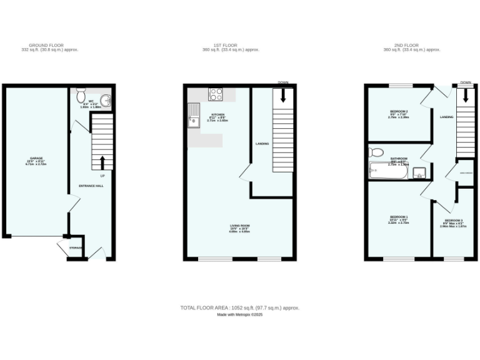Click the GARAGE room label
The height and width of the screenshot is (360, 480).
pos(36,158)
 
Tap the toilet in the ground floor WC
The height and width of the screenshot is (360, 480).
pos(81,96)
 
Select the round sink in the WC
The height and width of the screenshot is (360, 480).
pos(104,100)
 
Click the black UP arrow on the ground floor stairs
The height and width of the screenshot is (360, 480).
pos(103,163)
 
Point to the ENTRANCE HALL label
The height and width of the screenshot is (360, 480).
pos(91,186)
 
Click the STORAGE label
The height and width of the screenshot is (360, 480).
pos(76,247)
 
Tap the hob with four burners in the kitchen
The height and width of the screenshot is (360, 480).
pos(216,94)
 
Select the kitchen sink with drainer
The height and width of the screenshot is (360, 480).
pos(193,117)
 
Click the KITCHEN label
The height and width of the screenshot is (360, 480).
pos(217,115)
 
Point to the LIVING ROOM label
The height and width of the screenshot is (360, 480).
pos(240,226)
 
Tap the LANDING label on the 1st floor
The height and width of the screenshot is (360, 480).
pos(262,144)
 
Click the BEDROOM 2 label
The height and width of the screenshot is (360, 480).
pos(399,111)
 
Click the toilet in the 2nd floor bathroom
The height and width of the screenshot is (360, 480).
pos(376,152)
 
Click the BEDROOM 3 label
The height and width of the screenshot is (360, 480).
pos(454,221)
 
